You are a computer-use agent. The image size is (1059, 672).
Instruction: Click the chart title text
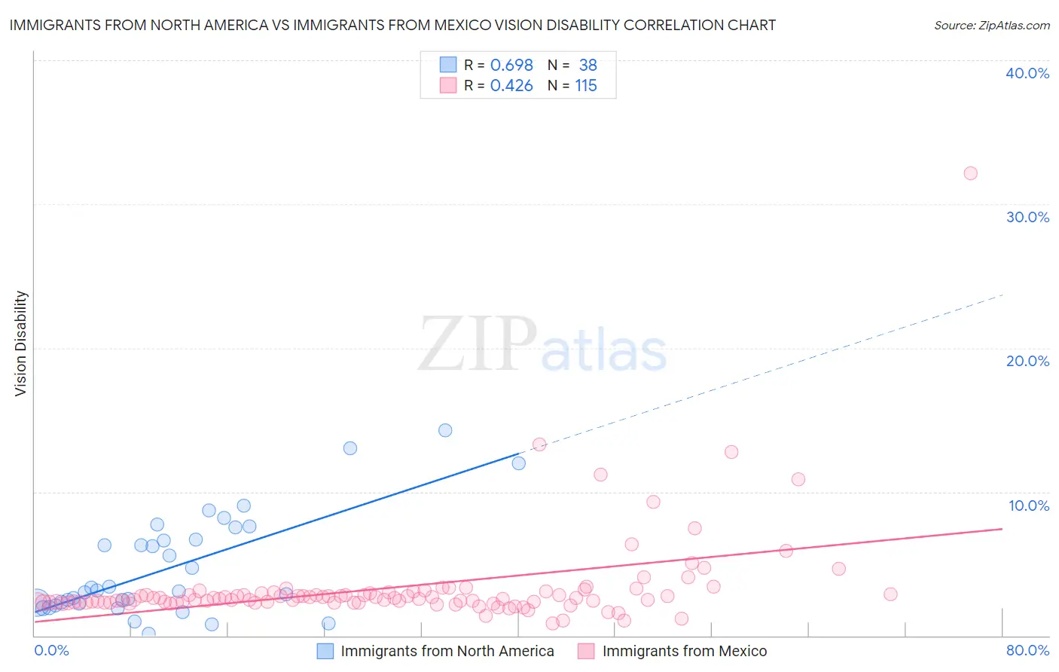pos(392,25)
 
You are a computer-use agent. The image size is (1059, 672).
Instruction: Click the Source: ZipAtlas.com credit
pos(991,25)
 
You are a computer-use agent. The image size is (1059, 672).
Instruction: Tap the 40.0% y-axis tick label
pos(1027,73)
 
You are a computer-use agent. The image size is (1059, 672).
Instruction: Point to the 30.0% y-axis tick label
pos(1027,217)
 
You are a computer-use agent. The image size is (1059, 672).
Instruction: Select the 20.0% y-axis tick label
pos(1027,361)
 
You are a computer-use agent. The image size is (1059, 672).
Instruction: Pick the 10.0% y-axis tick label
pos(1029,505)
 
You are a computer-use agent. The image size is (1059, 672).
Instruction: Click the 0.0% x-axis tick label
pos(52,650)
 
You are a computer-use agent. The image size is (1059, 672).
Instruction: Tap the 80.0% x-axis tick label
pos(1027,650)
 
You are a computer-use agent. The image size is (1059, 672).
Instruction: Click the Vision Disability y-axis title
pos(21,343)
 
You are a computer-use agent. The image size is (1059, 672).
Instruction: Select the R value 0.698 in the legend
pos(511,65)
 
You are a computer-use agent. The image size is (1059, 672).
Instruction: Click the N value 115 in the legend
pos(586,86)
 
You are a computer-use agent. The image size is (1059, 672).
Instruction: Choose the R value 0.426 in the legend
pos(511,86)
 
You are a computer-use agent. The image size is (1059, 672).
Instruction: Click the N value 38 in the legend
pos(587,65)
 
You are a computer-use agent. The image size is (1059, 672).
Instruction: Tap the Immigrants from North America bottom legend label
pos(447,651)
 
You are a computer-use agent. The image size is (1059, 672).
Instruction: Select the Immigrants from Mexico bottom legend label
pos(685,651)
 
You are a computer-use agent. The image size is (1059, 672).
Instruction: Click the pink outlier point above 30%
pos(970,173)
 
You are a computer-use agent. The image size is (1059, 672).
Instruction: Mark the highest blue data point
pos(445,430)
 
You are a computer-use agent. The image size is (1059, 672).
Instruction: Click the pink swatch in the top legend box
pos(448,86)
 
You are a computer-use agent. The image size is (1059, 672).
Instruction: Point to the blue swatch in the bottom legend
pos(325,651)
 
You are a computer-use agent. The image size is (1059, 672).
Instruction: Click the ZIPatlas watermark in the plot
pos(542,346)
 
